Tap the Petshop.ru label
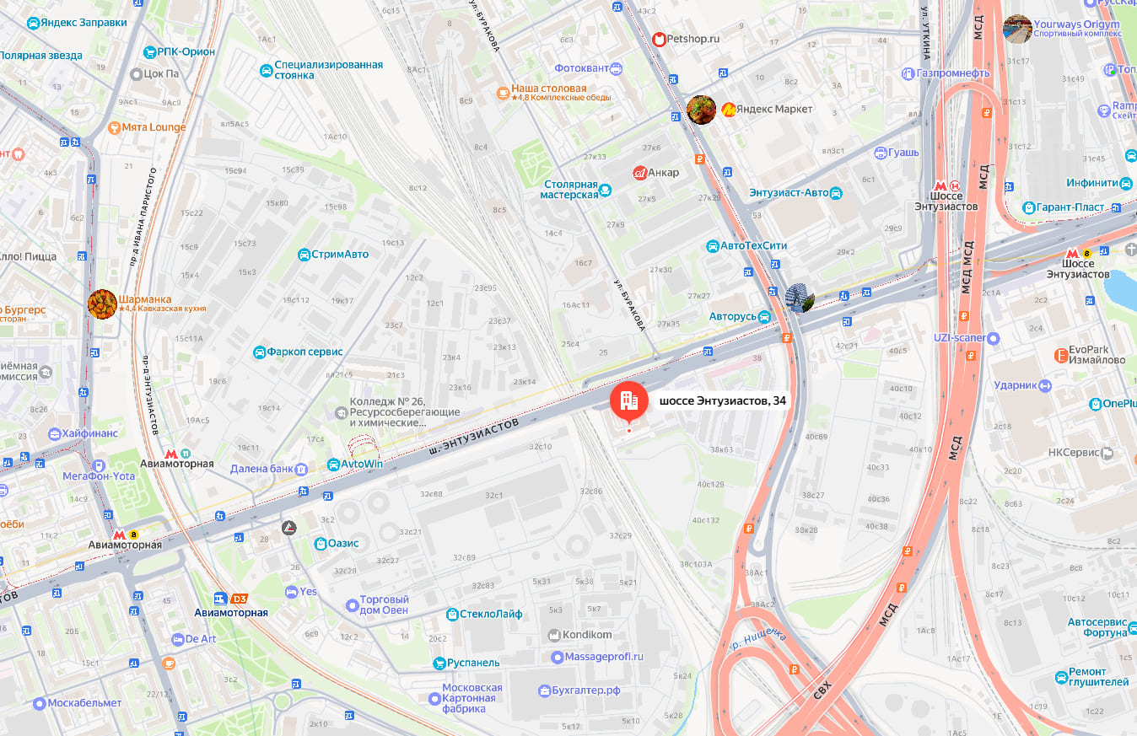point(692,38)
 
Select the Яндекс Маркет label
point(773,109)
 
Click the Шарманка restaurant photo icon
point(102,304)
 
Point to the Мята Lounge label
point(154,127)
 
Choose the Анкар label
point(664,173)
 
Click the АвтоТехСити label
point(753,246)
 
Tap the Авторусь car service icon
point(763,317)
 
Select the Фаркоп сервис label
point(304,352)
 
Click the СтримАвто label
point(340,254)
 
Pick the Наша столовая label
point(548,89)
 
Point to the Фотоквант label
point(581,68)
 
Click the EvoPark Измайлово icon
point(1061,356)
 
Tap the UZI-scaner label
point(959,338)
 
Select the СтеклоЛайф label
point(491,614)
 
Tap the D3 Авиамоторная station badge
point(240,599)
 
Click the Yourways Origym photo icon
point(1017,29)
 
